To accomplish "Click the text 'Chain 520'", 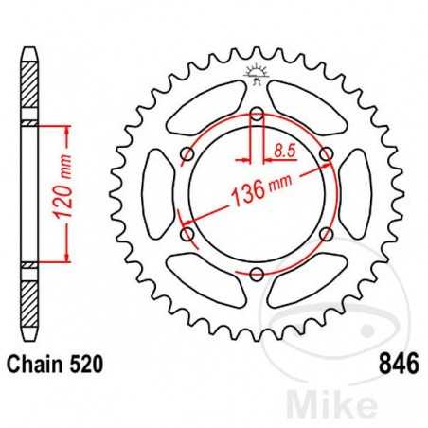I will tap(54, 362).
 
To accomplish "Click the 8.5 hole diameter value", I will tap(281, 149).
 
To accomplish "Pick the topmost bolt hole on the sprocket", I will tap(257, 116).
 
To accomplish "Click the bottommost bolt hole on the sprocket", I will tap(257, 275).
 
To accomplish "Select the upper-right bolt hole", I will tap(326, 155).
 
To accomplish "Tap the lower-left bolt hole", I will tap(187, 234).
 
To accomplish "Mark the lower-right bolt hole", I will tap(326, 234).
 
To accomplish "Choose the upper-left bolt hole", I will tap(187, 155).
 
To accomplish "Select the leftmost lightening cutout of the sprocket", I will tap(158, 194).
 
